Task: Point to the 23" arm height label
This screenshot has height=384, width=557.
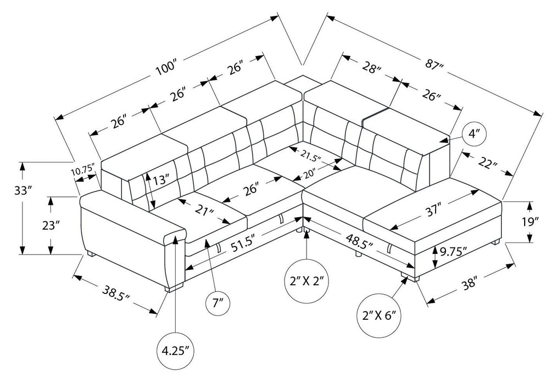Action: click(50, 225)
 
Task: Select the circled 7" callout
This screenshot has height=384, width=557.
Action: click(218, 303)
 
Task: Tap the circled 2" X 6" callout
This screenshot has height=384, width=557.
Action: click(380, 315)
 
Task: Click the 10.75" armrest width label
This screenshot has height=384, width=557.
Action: click(83, 169)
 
